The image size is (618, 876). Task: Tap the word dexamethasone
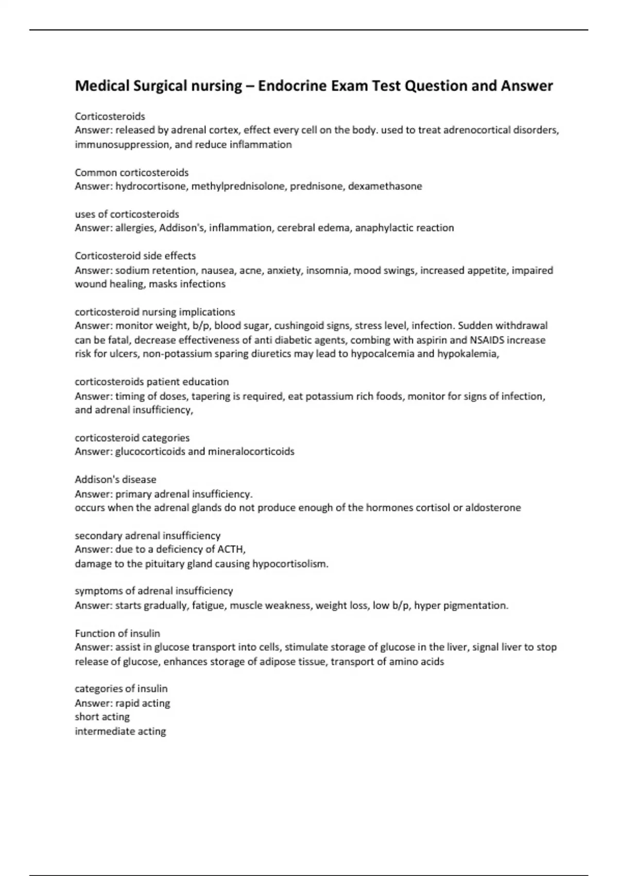[x=385, y=186]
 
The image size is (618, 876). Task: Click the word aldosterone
[x=493, y=508]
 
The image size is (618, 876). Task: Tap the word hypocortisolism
[x=289, y=564]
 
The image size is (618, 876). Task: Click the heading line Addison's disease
[x=115, y=479]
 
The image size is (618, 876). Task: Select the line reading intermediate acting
[x=120, y=731]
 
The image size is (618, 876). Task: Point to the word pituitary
[x=165, y=564]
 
